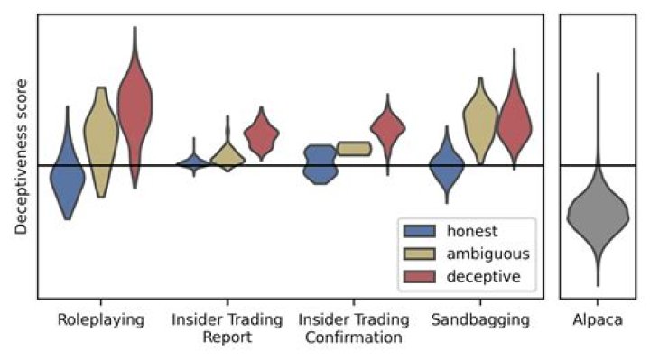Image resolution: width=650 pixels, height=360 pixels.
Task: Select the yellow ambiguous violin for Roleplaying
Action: (x=101, y=135)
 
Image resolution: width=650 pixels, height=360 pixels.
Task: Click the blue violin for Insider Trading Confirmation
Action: (x=318, y=163)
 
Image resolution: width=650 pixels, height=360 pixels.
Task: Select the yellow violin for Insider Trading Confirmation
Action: (x=353, y=149)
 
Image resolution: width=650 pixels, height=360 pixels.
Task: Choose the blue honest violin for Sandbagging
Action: (x=446, y=166)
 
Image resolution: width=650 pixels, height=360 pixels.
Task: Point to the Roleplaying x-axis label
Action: (x=100, y=320)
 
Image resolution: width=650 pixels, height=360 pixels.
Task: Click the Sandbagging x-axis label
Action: (x=480, y=320)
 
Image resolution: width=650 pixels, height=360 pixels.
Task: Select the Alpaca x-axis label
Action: (x=597, y=320)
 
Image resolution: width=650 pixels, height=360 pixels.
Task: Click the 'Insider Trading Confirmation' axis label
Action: (x=353, y=329)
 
